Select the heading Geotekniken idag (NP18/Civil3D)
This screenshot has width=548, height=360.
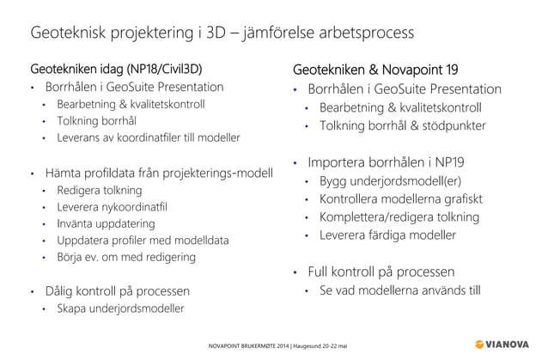coord(117,68)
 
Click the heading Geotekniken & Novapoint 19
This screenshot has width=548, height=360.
coord(375,69)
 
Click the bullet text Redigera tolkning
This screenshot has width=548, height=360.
coord(99,190)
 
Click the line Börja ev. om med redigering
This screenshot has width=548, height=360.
coord(125,257)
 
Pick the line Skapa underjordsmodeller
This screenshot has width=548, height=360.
coord(120,308)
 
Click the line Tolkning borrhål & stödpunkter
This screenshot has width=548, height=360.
coord(402,125)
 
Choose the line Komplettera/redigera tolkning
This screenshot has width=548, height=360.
coord(399,217)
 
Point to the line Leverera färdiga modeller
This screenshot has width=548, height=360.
coord(387,235)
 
